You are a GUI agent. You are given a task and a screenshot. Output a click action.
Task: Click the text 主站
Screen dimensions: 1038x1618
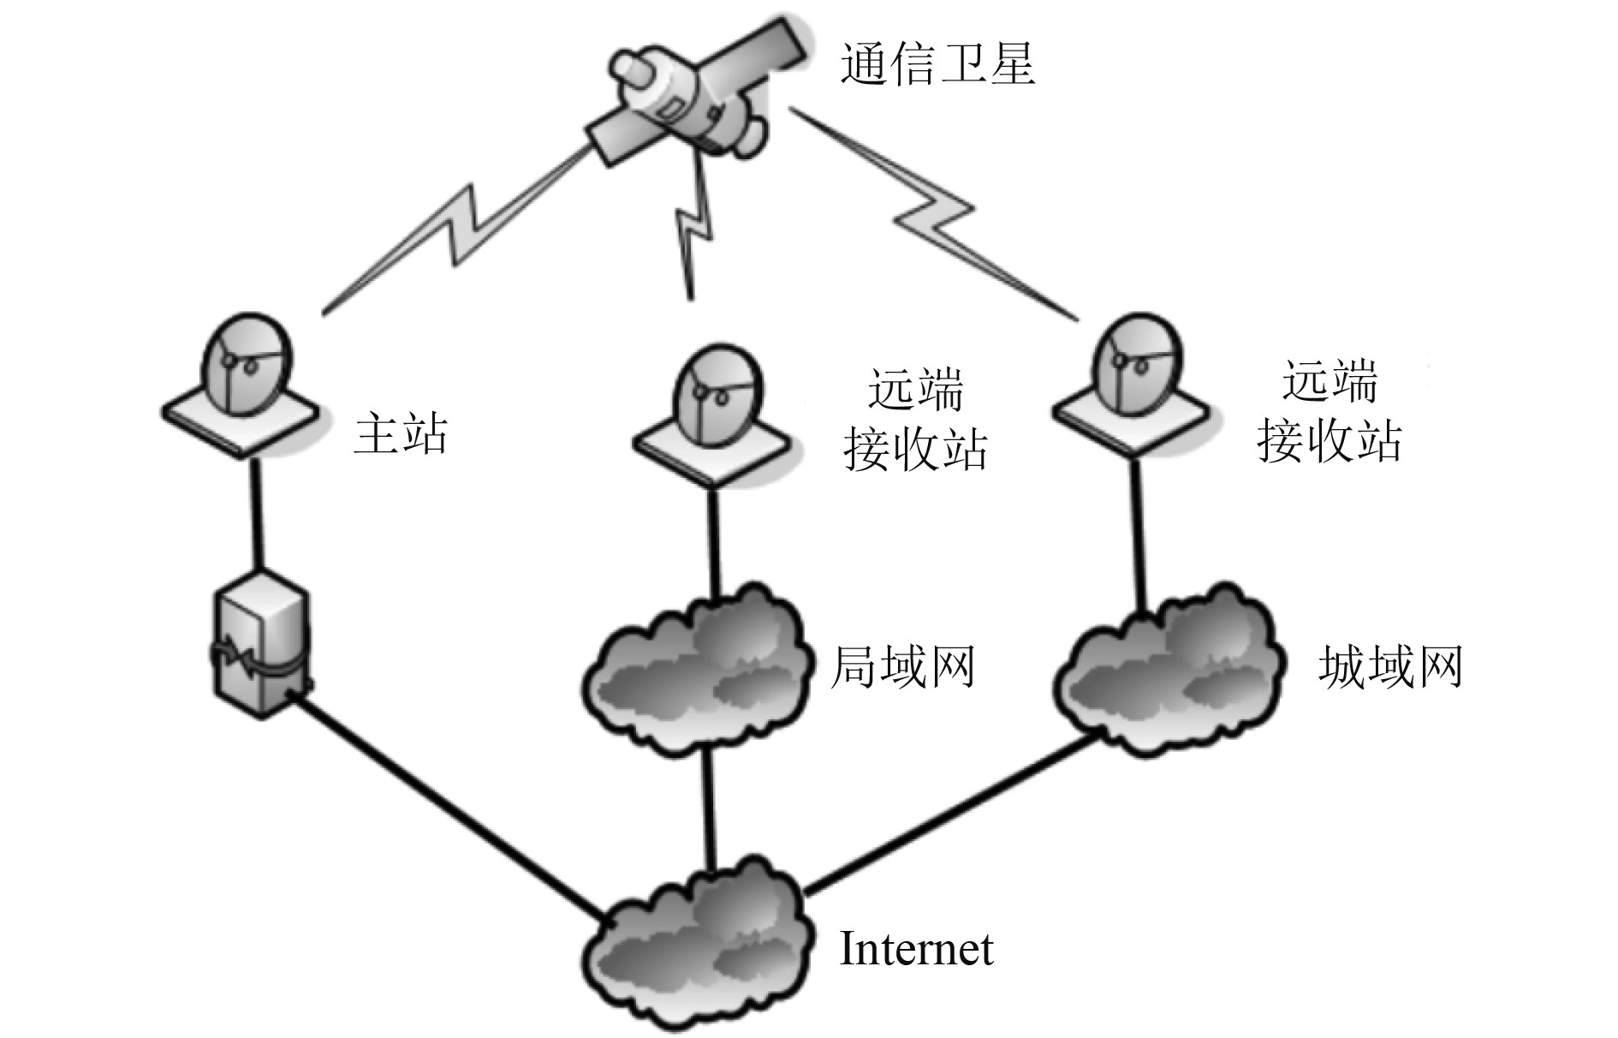(401, 433)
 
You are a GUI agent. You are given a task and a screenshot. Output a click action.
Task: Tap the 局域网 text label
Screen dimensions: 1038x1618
(903, 666)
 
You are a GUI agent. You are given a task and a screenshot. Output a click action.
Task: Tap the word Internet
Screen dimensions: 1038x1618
(916, 949)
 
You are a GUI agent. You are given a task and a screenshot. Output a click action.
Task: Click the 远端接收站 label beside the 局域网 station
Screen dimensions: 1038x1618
(915, 419)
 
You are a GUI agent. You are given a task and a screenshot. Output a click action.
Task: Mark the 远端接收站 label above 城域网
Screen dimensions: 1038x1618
(1329, 411)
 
